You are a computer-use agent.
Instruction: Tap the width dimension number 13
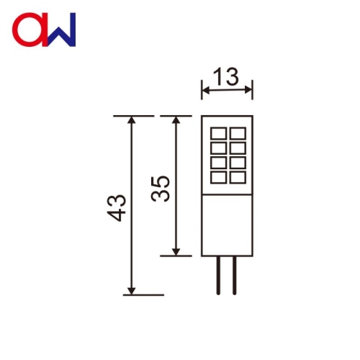coord(227,76)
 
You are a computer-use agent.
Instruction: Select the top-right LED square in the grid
coord(237,133)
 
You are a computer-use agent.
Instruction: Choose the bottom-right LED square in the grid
coord(237,176)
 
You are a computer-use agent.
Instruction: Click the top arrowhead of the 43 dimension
coord(131,120)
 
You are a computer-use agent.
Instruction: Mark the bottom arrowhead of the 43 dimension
coord(131,289)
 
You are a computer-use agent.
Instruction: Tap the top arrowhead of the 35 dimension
coord(175,120)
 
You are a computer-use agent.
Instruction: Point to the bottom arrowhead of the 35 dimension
coord(175,251)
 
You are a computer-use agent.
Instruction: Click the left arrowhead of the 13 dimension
coord(204,91)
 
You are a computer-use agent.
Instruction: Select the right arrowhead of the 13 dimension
coord(250,91)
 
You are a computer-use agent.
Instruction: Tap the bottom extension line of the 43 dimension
coord(144,294)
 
